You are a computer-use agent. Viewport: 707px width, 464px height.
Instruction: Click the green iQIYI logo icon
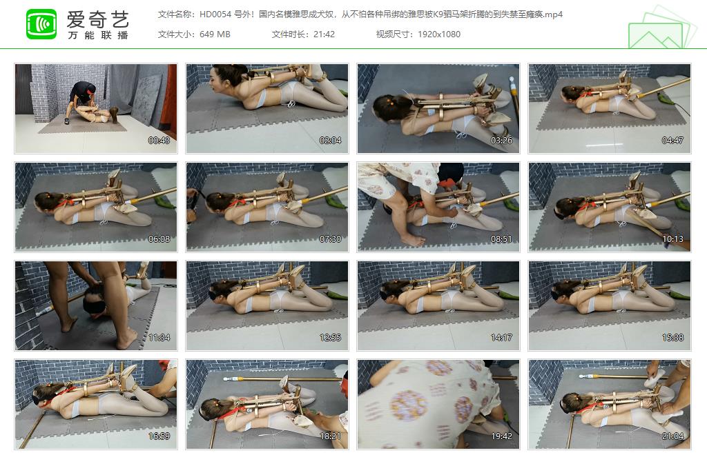point(41,24)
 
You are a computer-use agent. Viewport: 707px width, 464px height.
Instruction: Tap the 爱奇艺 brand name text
point(97,18)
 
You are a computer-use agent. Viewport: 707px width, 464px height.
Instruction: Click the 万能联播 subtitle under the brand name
point(97,35)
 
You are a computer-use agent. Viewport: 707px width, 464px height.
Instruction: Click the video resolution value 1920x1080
point(439,34)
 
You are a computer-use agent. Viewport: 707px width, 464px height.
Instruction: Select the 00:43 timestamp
point(159,141)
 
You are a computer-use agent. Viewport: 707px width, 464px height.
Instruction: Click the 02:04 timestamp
point(331,141)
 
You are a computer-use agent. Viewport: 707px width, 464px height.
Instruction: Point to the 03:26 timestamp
point(501,141)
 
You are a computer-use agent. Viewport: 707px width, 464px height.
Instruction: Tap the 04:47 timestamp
point(672,141)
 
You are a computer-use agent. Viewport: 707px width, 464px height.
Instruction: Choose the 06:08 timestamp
point(159,239)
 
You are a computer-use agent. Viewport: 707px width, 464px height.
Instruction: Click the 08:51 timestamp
point(501,239)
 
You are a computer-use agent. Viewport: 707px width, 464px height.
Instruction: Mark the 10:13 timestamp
point(672,239)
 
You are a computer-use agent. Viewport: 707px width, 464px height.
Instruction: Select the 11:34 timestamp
point(159,338)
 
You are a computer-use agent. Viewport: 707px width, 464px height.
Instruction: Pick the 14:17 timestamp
point(501,338)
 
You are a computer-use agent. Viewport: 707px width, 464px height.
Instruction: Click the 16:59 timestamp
point(159,436)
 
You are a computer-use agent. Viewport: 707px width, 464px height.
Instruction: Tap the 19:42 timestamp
point(501,436)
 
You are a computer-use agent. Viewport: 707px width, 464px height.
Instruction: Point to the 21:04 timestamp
point(672,436)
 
